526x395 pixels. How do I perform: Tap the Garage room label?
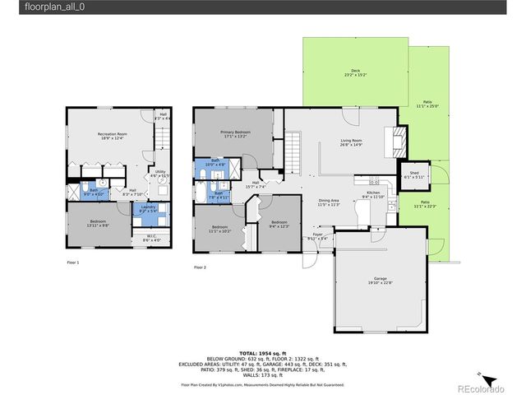coord(379,280)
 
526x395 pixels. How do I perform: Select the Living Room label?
coord(352,142)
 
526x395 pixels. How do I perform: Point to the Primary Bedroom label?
coord(235,132)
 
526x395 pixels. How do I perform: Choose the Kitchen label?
coord(373,193)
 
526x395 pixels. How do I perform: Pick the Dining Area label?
coord(329,202)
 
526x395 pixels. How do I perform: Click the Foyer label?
coord(317,235)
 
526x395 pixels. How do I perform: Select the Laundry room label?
coord(149,210)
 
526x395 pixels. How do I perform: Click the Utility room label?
coord(160,173)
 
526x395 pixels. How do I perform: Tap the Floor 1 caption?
coord(73,262)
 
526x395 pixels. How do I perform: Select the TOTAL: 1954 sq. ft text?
coord(263,352)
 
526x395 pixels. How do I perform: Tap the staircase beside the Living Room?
coord(294,153)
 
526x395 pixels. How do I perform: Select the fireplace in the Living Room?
coord(399,142)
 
